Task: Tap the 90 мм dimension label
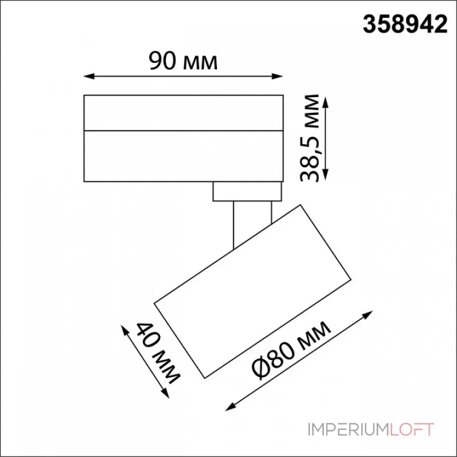183,61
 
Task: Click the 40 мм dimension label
158,352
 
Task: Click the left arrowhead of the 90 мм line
87,75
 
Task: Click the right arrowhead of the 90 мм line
280,75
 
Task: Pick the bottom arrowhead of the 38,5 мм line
326,178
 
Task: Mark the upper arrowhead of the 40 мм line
124,328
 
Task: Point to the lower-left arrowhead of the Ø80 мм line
230,407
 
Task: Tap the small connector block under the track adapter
247,191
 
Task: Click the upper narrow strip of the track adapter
183,112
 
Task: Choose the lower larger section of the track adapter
183,156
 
